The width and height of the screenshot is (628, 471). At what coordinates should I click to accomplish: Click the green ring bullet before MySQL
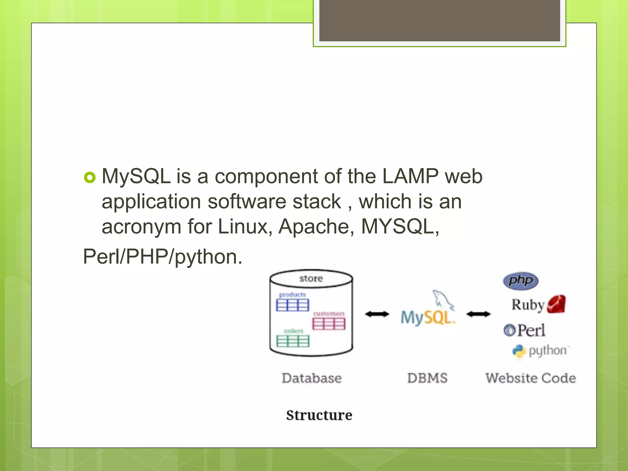[x=90, y=177]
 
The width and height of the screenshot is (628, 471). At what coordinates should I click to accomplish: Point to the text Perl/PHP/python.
[x=163, y=256]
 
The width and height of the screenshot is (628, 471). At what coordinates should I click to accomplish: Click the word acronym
[x=141, y=227]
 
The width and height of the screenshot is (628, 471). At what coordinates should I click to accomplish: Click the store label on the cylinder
[x=311, y=278]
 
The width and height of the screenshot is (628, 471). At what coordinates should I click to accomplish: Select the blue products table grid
[x=293, y=305]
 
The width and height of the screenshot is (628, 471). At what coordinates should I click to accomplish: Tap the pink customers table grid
[x=329, y=324]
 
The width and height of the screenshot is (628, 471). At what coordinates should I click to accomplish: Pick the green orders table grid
[x=293, y=341]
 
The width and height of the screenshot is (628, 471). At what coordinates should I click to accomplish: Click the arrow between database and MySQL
[x=377, y=314]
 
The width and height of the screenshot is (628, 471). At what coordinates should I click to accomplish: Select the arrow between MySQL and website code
[x=478, y=314]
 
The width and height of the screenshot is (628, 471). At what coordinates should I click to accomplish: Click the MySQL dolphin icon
[x=443, y=299]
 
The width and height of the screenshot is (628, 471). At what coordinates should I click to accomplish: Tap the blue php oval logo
[x=521, y=281]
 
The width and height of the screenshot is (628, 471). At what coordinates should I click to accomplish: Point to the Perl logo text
[x=531, y=331]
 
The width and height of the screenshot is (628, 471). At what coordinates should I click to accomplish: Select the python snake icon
[x=519, y=351]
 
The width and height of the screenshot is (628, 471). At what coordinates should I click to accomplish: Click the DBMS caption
[x=427, y=378]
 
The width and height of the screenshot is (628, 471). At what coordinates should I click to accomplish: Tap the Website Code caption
[x=530, y=378]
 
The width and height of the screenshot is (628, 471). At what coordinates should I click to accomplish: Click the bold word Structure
[x=319, y=415]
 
